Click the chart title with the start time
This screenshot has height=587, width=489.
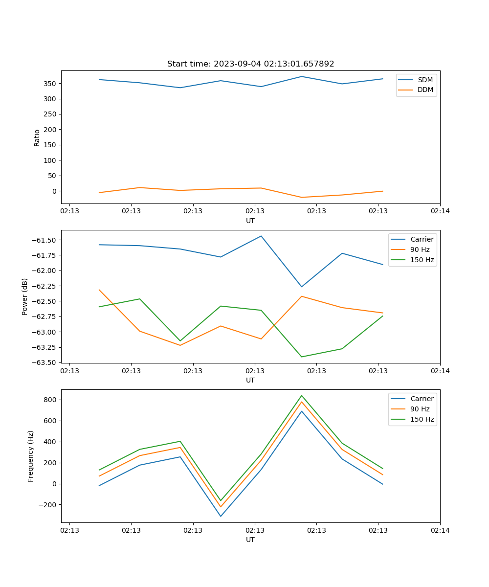point(250,64)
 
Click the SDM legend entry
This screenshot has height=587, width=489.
point(425,80)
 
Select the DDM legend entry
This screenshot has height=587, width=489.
point(425,90)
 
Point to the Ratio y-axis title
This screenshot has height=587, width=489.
point(37,137)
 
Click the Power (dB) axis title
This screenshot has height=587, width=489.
point(25,296)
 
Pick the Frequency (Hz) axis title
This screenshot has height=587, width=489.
point(31,456)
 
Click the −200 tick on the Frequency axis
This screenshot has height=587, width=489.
point(49,505)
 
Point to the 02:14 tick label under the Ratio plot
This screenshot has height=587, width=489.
point(440,211)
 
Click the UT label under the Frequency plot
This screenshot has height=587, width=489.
point(250,540)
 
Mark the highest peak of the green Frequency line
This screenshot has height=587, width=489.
point(302,396)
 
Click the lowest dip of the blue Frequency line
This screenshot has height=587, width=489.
point(221,516)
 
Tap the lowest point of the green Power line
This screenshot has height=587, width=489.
point(302,357)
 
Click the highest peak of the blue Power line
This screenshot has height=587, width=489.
point(261,236)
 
